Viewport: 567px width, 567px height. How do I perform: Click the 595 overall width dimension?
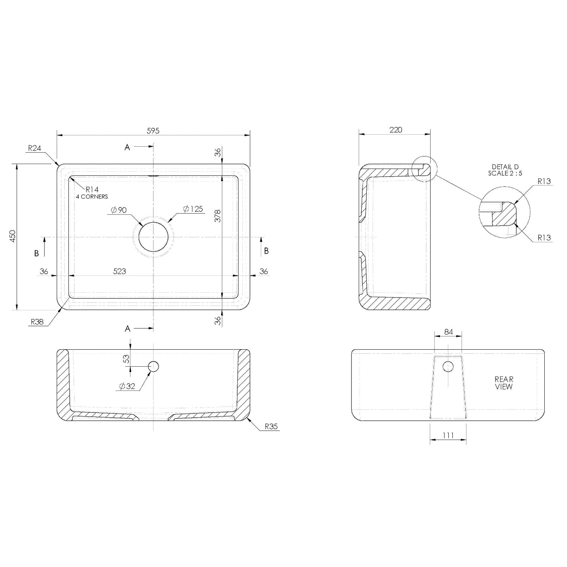[x=153, y=130]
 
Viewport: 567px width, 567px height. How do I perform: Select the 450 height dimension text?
[x=12, y=236]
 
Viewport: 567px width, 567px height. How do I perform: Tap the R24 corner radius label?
[x=34, y=148]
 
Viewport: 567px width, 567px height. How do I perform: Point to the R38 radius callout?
[x=37, y=322]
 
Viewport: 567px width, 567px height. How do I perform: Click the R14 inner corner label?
[x=92, y=189]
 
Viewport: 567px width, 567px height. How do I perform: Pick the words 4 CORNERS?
[x=92, y=197]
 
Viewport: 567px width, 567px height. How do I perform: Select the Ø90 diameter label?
[x=119, y=210]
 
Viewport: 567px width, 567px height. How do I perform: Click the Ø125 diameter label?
[x=193, y=209]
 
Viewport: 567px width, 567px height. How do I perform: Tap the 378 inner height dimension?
[x=218, y=216]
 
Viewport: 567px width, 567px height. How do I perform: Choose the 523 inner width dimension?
[x=119, y=271]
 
